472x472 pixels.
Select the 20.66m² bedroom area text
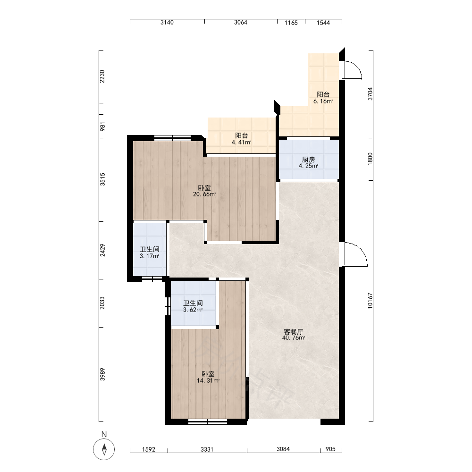(204, 194)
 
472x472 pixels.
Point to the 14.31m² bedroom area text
(208, 380)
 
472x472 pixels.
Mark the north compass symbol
(104, 449)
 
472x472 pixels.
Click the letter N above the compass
(104, 434)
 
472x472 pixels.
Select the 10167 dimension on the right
(370, 300)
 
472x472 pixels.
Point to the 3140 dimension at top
(167, 22)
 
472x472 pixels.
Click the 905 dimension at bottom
(330, 449)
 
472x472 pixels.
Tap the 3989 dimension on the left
(102, 374)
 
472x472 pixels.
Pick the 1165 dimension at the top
(291, 23)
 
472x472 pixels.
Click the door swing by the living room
(356, 254)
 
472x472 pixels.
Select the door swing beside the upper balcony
(352, 70)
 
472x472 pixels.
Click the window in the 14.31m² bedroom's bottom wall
(208, 421)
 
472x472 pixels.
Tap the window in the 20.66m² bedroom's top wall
(172, 138)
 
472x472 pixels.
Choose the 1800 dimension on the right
(370, 159)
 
